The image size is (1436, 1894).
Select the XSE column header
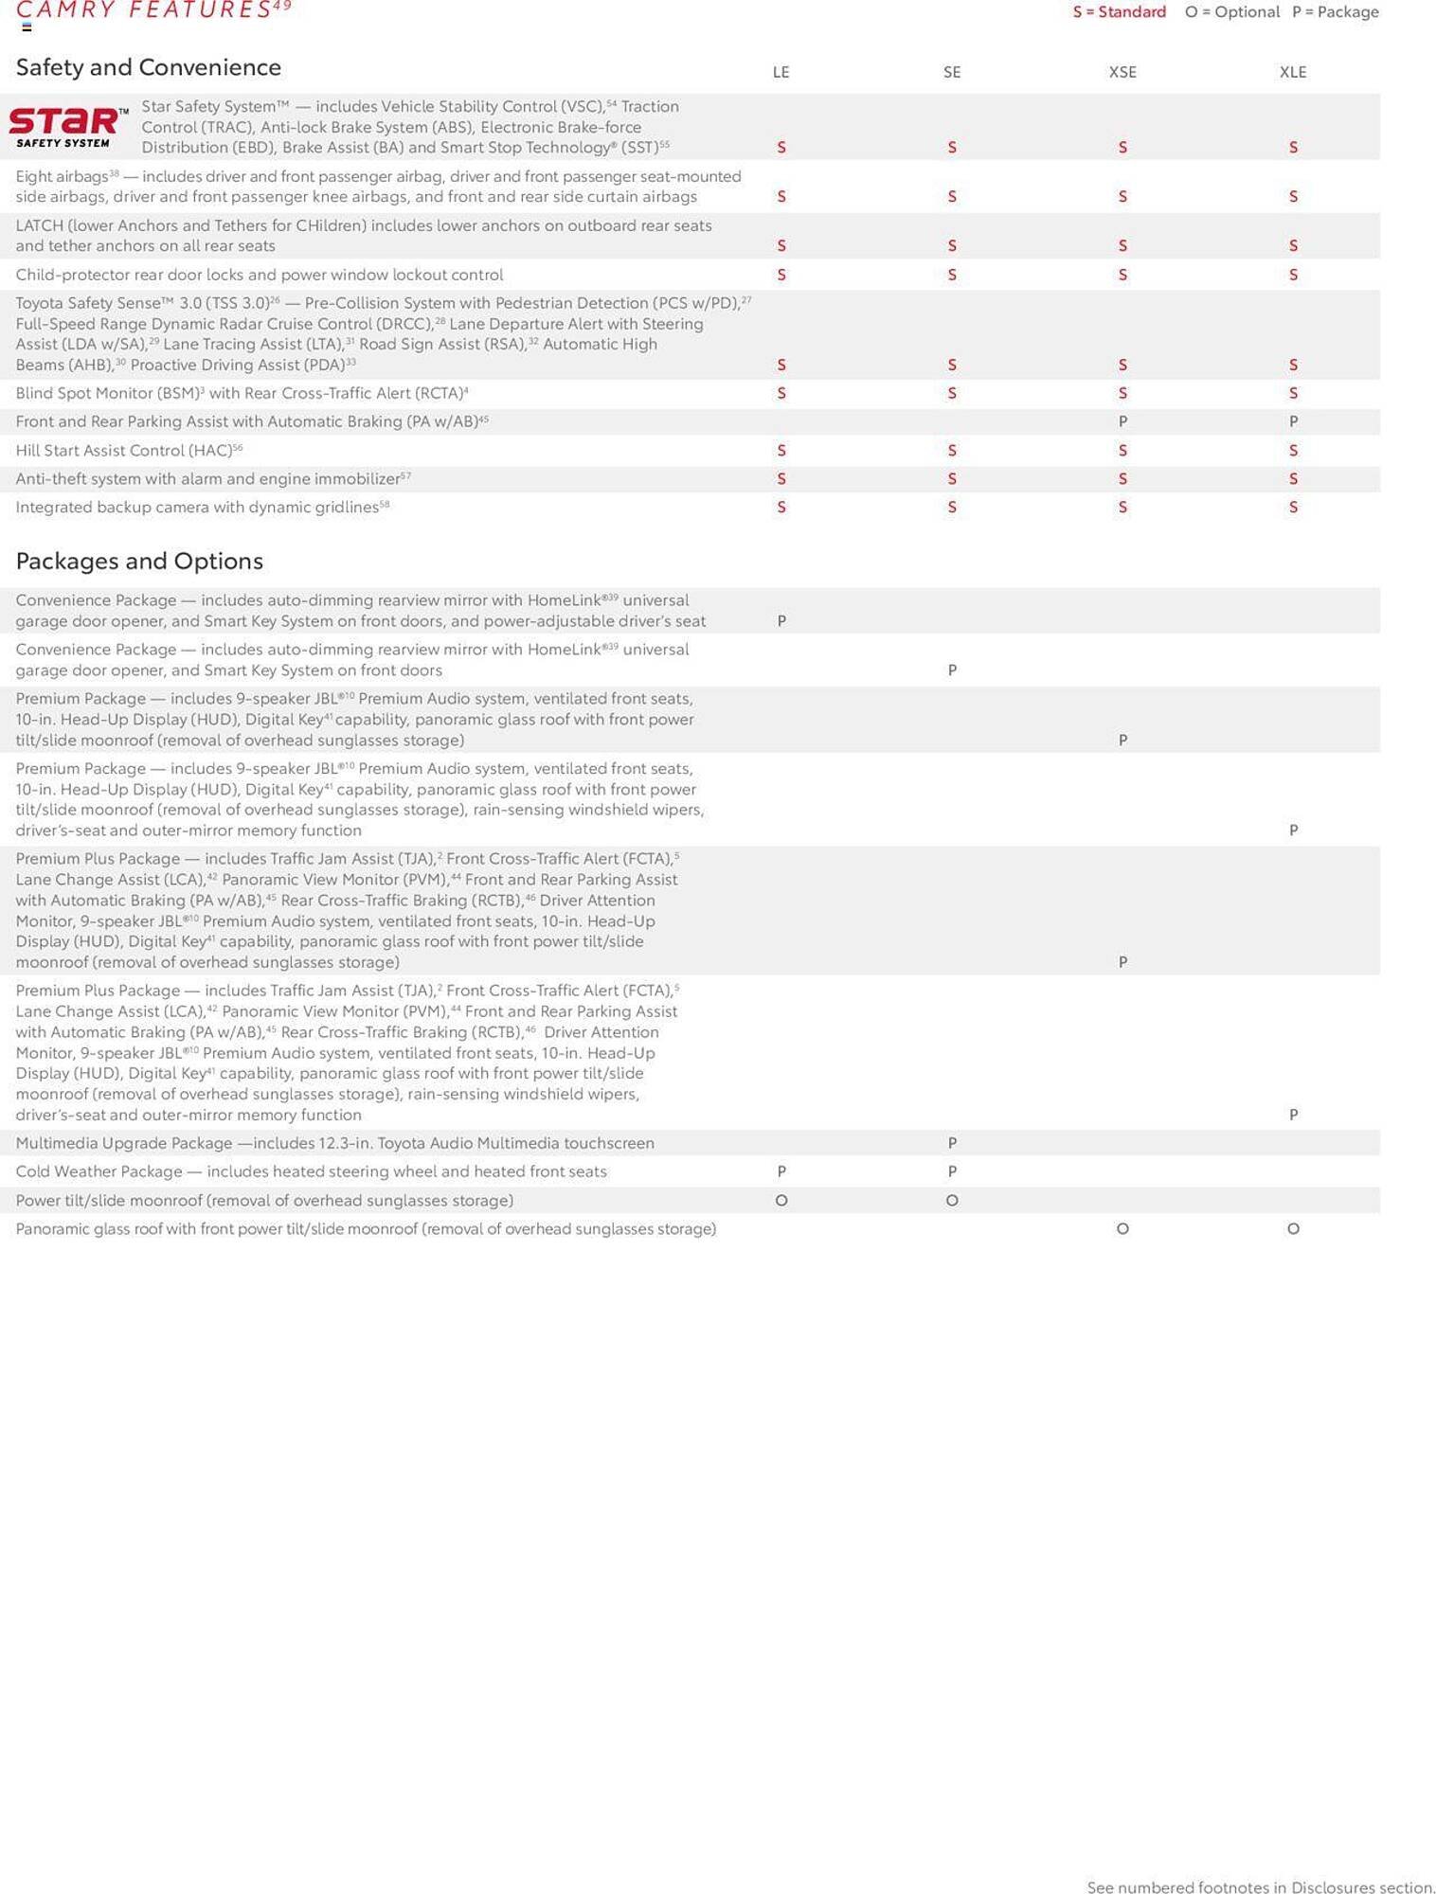point(1122,72)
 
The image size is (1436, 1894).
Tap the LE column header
point(781,72)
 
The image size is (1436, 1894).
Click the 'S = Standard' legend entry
point(1119,12)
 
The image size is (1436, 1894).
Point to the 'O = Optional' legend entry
point(1231,12)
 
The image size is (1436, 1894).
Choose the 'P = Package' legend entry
point(1335,12)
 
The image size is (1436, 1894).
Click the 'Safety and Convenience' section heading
point(149,67)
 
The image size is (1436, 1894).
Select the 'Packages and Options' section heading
point(139,561)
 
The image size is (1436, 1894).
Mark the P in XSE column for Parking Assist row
point(1122,421)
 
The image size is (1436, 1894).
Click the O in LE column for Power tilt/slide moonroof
point(781,1201)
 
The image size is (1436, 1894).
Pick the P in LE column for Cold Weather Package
point(781,1171)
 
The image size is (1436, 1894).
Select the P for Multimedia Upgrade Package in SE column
point(952,1143)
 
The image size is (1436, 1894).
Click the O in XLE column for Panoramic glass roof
point(1293,1229)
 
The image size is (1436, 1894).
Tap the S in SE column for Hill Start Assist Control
point(952,451)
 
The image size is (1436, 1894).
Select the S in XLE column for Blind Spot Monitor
point(1293,393)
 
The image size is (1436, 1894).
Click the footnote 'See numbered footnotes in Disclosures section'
point(1261,1887)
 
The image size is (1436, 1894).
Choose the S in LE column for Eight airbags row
point(781,197)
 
